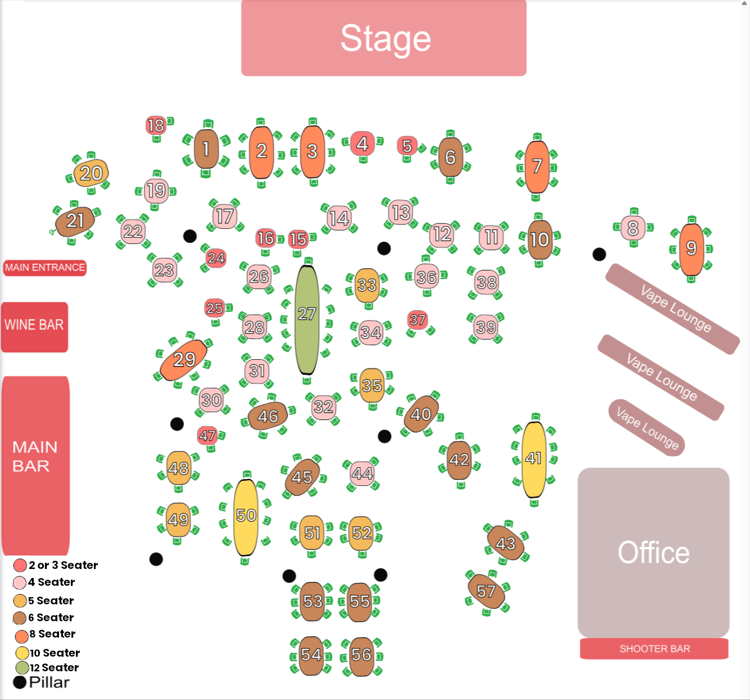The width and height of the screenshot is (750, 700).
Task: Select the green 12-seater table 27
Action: tap(307, 319)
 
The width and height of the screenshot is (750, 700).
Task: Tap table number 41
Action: tap(534, 459)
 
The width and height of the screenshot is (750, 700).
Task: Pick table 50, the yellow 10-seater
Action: tap(246, 516)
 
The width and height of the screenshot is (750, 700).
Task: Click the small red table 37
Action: tap(417, 320)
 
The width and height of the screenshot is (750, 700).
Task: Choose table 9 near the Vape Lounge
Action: tap(691, 249)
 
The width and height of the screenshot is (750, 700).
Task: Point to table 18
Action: tap(156, 125)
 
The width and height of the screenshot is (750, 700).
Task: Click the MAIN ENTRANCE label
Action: tap(45, 268)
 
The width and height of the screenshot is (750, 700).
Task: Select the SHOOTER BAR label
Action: tap(654, 649)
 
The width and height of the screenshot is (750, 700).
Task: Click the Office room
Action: tap(653, 552)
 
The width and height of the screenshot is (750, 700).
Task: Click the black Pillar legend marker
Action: tap(20, 683)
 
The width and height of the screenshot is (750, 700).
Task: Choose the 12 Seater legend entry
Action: tap(54, 667)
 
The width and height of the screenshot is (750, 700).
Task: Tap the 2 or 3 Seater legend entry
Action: tap(62, 565)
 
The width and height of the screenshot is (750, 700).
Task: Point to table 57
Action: tap(486, 591)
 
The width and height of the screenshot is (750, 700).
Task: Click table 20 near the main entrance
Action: tap(91, 174)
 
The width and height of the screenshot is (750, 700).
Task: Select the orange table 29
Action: tap(184, 360)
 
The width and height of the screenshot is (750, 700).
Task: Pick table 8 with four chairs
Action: tap(633, 228)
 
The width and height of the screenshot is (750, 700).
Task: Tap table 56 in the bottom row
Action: tap(361, 655)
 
